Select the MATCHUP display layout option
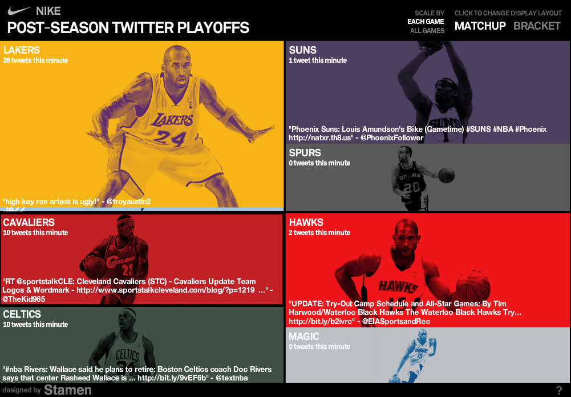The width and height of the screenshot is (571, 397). coord(480,26)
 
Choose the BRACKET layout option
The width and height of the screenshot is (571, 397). coord(537,26)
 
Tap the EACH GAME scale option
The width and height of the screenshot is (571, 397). coord(426,22)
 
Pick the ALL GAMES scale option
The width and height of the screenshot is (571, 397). coord(427,31)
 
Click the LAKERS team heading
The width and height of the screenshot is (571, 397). coord(22,50)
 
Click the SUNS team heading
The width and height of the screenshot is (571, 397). coord(302,50)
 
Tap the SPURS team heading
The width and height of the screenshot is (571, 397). coord(305,153)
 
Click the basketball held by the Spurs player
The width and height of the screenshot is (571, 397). coord(446,175)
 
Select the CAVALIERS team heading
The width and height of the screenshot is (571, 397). coord(29,222)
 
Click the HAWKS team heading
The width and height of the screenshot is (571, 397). coord(306,222)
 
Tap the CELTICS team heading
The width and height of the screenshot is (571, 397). coord(22,314)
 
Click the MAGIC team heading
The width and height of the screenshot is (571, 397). coord(303,337)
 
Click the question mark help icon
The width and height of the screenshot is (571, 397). coord(559,391)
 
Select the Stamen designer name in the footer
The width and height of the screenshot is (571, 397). coord(67,390)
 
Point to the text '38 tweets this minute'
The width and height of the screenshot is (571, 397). coord(35,60)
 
